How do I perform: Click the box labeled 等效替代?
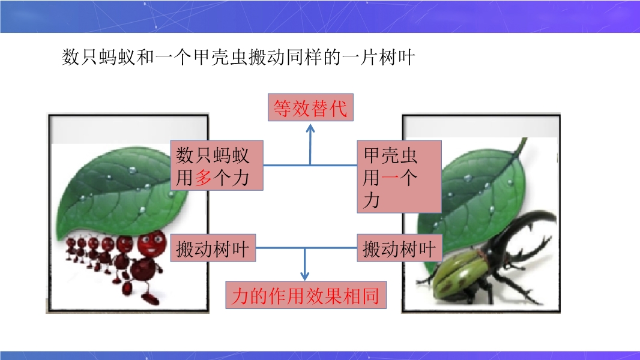coord(310,107)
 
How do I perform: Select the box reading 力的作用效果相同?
coord(306,295)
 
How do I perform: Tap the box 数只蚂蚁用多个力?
coord(217,165)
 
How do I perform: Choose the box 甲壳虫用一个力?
coord(399,176)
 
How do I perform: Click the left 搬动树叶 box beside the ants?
coord(213,248)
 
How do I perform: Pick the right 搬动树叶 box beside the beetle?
coord(399,248)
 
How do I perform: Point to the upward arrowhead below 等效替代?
coord(310,128)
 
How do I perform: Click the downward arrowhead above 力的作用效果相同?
coord(304,276)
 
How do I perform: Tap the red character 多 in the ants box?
coord(204,178)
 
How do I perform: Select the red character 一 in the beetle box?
coord(390,178)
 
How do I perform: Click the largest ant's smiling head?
coord(152,244)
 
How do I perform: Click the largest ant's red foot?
coord(152,300)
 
